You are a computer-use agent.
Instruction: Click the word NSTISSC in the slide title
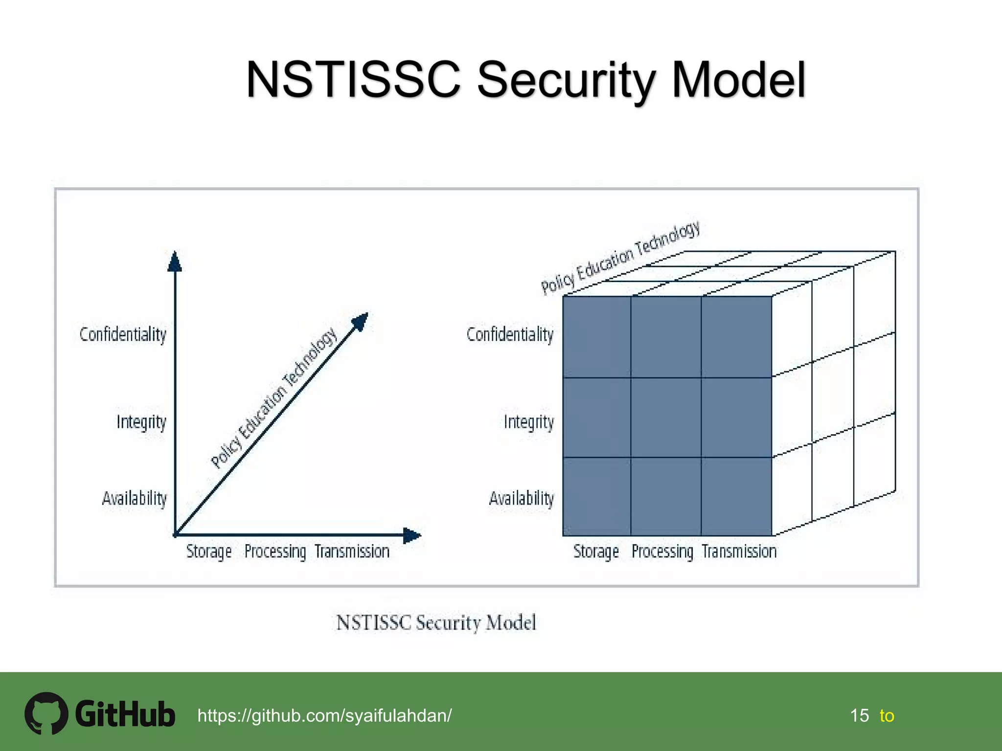[x=353, y=79]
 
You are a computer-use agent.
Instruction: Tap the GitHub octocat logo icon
[x=46, y=713]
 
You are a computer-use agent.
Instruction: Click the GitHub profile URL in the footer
[x=324, y=716]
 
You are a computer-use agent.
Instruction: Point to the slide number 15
[x=860, y=716]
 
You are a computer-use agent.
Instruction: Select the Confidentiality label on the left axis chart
[x=123, y=335]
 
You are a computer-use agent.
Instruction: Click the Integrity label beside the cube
[x=529, y=422]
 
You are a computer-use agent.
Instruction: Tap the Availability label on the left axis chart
[x=135, y=499]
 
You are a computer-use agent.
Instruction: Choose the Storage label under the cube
[x=596, y=552]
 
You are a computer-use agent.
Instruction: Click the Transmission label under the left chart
[x=352, y=552]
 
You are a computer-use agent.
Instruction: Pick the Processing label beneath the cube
[x=662, y=552]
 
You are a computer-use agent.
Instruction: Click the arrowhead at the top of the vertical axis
[x=175, y=262]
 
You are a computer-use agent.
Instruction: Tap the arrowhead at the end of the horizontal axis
[x=411, y=535]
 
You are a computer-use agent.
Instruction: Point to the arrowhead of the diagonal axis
[x=361, y=321]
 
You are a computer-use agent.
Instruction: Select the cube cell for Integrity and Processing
[x=666, y=418]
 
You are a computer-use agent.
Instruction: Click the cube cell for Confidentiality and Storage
[x=597, y=337]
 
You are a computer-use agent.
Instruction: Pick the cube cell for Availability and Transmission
[x=736, y=497]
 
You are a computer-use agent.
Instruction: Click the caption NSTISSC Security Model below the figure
[x=436, y=623]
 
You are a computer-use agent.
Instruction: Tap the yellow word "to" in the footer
[x=887, y=716]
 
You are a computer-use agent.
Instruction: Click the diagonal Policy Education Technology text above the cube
[x=620, y=258]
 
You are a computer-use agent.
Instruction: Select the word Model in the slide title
[x=738, y=79]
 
